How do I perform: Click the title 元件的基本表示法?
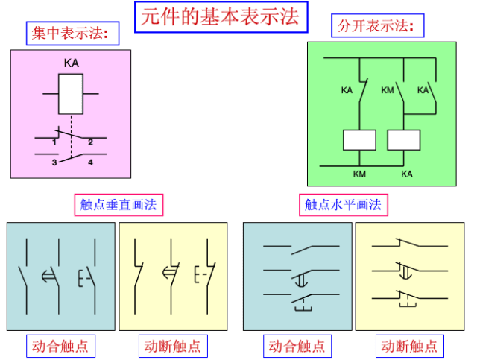220,17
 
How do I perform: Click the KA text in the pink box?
72,64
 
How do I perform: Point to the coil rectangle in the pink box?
71,93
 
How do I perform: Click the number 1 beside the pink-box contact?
55,142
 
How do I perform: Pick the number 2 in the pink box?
90,142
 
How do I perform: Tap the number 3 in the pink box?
54,162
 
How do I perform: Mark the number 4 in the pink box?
90,162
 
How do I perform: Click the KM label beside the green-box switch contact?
387,90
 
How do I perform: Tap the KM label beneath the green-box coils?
360,174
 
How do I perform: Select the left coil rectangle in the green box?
359,140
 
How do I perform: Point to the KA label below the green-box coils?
406,174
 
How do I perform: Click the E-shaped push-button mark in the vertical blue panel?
83,278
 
